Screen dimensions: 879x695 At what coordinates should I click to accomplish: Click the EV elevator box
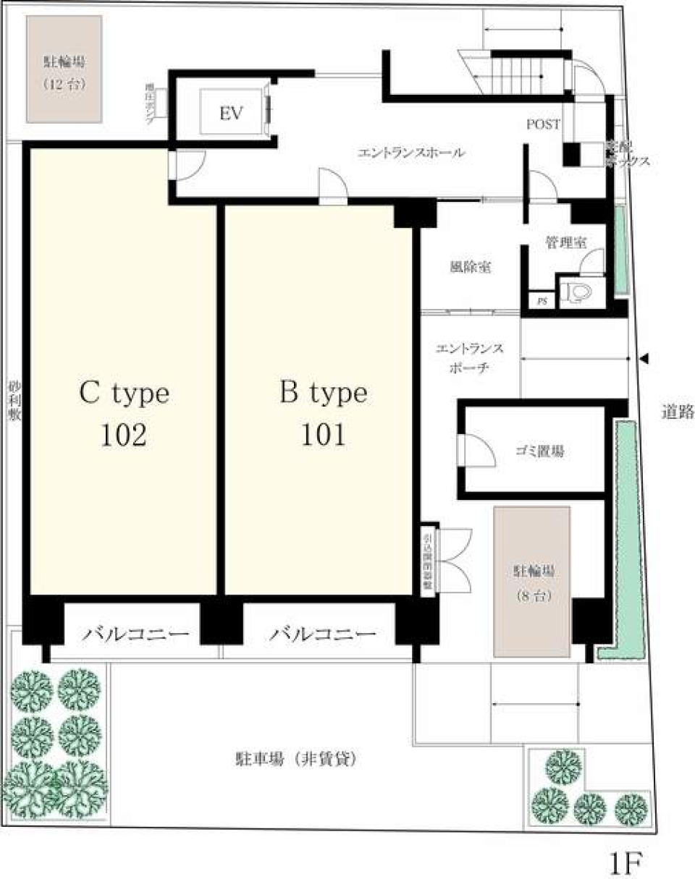coord(232,113)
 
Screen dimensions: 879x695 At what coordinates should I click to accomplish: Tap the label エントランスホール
coord(411,153)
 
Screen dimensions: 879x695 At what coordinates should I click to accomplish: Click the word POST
coord(543,124)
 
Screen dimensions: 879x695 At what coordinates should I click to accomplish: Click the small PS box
coord(541,302)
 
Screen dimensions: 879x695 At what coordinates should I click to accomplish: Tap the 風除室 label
coord(471,267)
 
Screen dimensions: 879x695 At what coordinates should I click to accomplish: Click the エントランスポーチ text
coord(469,358)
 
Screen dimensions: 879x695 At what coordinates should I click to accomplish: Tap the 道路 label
coord(678,412)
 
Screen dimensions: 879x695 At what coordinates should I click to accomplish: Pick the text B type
coord(324,394)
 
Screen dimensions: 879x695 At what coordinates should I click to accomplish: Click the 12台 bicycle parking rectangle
coord(64,69)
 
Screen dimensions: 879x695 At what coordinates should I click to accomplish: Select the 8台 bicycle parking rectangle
coord(532,581)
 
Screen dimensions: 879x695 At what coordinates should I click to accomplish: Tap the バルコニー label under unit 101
coord(324,635)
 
